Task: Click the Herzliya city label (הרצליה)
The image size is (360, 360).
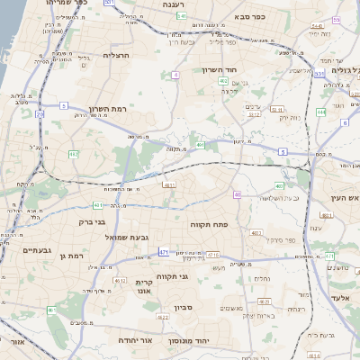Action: (x=118, y=55)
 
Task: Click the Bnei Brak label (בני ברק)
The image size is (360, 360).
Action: (x=93, y=220)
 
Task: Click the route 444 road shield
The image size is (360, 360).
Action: (x=321, y=112)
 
